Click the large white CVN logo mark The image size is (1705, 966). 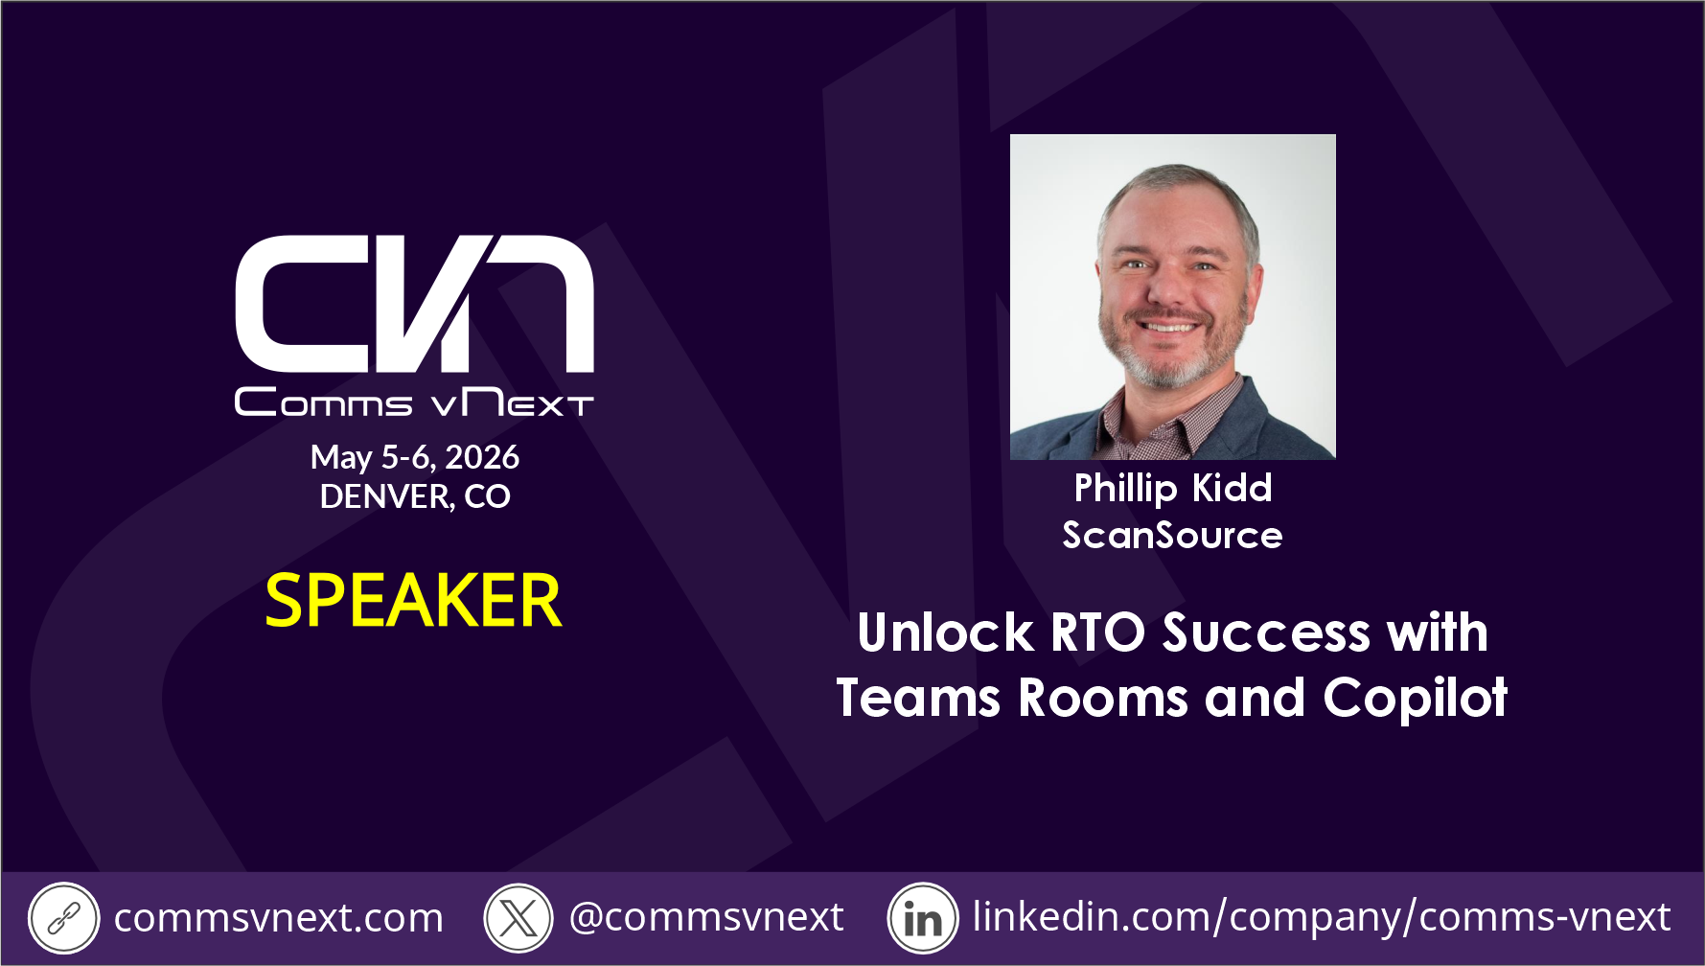pos(414,303)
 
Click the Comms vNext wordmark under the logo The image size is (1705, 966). pos(414,402)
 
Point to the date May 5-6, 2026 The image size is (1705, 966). pos(415,457)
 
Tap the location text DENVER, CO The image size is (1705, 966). pos(415,496)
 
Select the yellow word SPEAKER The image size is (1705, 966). pos(413,601)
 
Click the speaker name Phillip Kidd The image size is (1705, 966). pos(1173,489)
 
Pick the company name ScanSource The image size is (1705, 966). pos(1172,535)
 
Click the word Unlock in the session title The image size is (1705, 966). pos(946,633)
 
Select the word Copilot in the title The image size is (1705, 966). pos(1416,699)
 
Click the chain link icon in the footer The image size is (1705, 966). pos(63,918)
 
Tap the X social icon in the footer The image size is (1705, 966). pos(518,918)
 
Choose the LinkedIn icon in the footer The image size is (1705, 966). pos(923,918)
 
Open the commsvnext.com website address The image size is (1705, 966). pos(279,918)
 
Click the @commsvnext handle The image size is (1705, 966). pos(706,917)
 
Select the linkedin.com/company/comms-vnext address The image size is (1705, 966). pos(1322,917)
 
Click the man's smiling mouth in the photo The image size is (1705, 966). pos(1167,325)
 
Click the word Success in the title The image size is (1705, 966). pos(1267,633)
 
